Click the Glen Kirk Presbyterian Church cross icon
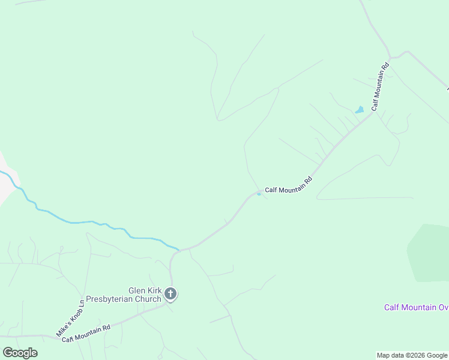tap(170, 294)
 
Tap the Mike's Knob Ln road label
tap(71, 317)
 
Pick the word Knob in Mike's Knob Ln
tap(71, 317)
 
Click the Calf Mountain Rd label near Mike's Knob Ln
tap(86, 333)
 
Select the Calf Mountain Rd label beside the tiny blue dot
tap(289, 185)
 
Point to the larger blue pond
tap(359, 110)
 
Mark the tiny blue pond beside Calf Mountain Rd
tap(259, 194)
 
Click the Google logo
tap(20, 353)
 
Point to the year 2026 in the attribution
tap(415, 355)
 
